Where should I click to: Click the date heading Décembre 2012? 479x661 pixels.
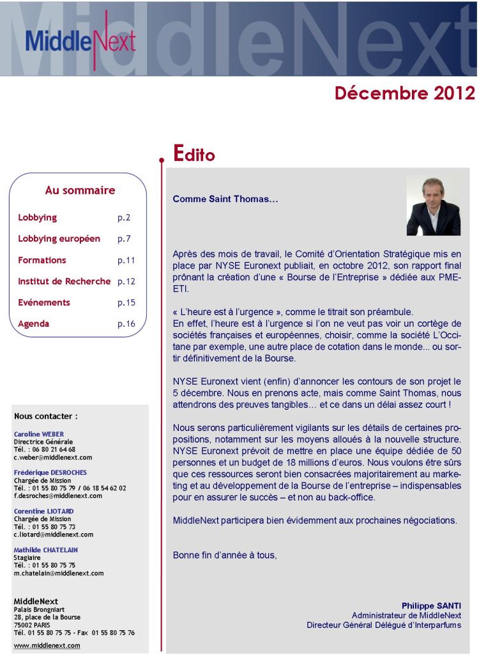404,93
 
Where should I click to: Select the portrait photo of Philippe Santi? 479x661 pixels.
433,206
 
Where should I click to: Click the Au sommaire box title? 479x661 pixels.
80,191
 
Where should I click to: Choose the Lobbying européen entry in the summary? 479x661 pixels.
59,239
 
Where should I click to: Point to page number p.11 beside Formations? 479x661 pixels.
126,260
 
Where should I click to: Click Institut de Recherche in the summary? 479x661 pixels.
64,281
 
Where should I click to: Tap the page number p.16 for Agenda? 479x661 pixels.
126,323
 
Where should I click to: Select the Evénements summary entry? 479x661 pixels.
44,302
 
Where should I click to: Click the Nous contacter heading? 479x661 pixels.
45,416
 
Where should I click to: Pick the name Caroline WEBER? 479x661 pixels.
39,434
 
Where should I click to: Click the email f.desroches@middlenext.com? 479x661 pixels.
57,495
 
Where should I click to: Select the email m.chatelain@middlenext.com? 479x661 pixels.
58,573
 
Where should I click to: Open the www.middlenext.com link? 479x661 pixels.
47,645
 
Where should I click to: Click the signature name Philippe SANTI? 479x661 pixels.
431,605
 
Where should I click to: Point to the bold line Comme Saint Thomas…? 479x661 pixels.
225,199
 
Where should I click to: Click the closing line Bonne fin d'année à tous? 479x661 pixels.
225,555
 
